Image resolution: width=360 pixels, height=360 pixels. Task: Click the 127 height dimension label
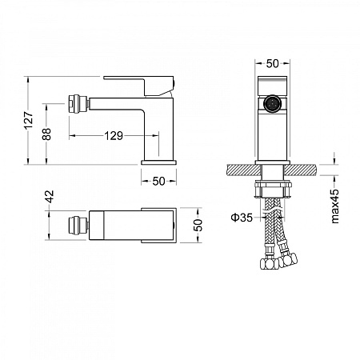click(29, 120)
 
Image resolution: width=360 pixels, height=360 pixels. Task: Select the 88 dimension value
click(46, 134)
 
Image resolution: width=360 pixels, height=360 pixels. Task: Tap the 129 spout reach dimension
click(114, 136)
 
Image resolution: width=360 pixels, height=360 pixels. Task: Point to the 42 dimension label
click(50, 197)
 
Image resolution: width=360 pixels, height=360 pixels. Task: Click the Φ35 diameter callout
click(242, 218)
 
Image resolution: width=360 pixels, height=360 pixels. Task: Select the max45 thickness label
click(334, 206)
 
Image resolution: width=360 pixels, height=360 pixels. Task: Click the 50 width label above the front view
click(272, 63)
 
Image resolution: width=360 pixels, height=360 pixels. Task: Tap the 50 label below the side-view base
click(158, 182)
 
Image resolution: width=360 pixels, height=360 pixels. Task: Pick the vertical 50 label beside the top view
click(198, 226)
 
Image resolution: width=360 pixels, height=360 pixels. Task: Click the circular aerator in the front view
click(272, 103)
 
